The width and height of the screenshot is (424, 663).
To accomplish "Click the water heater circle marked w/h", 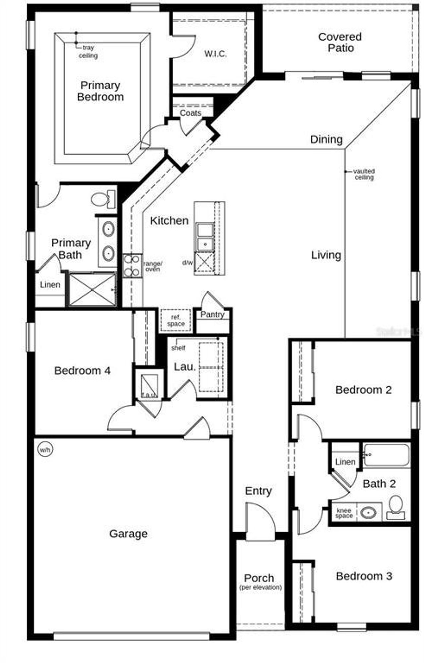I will coord(45,450).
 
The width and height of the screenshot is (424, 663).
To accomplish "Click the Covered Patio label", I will coord(340,42).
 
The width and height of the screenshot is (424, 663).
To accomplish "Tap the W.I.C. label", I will coord(215,54).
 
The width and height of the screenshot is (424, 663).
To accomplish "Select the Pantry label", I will coord(212,314).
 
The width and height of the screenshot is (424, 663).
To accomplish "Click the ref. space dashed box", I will coord(176,320).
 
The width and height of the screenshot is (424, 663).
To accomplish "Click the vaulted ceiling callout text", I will coord(364,174).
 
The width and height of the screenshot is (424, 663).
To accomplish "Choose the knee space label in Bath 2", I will coord(344,513).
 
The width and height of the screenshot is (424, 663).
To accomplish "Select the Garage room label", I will coord(128,534).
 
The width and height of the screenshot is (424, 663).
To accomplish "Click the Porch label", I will coord(259,578).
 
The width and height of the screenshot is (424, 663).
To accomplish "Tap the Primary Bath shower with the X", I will coord(92,289).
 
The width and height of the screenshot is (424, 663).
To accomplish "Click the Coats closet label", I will coord(190,113).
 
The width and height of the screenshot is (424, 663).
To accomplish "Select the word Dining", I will coord(326,139).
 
